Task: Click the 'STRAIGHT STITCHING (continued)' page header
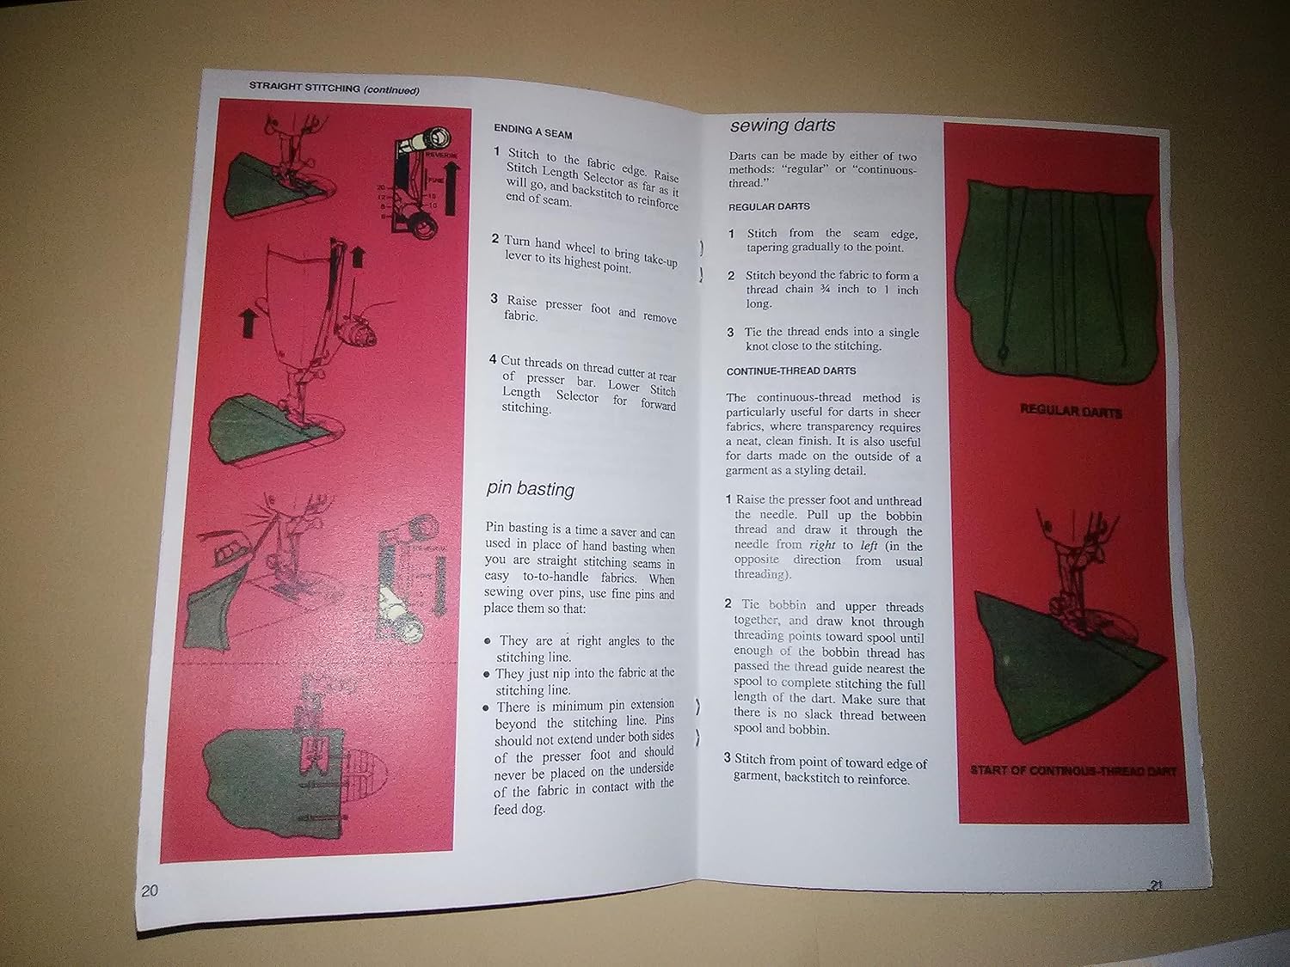334,88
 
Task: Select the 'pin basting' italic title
530,489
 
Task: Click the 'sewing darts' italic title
782,125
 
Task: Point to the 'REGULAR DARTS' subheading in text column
768,207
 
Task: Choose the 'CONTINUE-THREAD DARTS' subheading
790,371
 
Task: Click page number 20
150,890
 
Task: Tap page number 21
1155,886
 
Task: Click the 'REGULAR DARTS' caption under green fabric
1070,412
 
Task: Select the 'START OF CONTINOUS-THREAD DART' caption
1072,771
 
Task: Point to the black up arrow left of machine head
249,324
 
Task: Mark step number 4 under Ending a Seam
493,360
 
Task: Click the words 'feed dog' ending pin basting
519,809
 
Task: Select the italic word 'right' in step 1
822,545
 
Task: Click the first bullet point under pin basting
488,641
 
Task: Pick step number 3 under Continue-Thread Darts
727,758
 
